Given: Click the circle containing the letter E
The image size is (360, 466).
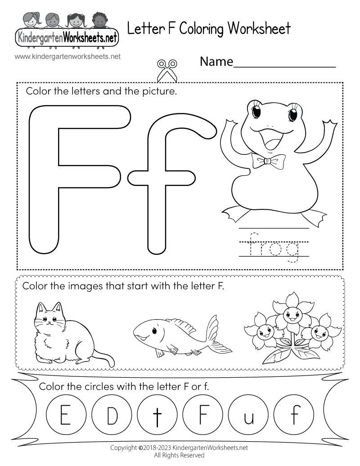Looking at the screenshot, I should pos(65,411).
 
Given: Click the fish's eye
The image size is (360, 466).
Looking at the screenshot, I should pos(154,331).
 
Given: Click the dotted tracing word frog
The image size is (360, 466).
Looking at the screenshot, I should pos(274,248).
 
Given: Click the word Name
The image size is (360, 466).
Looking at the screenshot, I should pos(216,61).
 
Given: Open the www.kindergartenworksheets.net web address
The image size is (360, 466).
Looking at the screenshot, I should pos(67,57).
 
